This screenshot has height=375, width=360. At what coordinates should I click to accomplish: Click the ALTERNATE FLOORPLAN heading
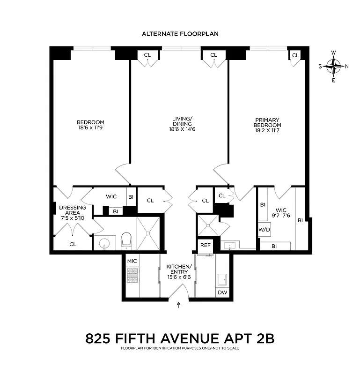tap(180, 34)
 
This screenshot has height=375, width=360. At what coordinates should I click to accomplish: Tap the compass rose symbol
tap(333, 66)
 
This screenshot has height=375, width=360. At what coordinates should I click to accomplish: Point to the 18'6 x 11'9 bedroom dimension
tap(90, 127)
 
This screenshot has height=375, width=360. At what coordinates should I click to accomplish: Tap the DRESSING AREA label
tap(72, 210)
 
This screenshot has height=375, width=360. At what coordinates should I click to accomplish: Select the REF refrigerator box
tap(205, 245)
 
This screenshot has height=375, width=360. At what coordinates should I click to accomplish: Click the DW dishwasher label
tap(222, 293)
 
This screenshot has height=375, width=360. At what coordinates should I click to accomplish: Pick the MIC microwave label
tap(132, 260)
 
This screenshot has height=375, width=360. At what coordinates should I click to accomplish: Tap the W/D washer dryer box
tap(264, 230)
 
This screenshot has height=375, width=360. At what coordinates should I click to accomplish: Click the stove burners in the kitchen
tap(132, 276)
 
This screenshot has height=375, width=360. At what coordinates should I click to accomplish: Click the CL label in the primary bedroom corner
tap(295, 55)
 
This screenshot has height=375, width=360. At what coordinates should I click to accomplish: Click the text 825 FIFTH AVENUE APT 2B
tap(180, 338)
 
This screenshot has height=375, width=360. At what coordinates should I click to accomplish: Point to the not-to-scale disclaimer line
tap(180, 348)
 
